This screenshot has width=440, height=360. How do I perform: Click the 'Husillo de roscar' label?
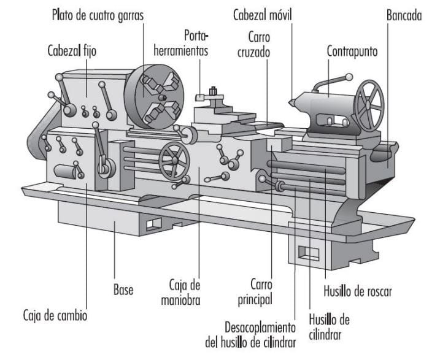tap(357, 289)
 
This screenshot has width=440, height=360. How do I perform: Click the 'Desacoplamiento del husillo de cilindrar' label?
tap(251, 334)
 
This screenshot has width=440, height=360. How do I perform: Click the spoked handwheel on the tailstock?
tap(368, 105)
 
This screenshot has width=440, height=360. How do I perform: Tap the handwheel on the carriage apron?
tap(174, 160)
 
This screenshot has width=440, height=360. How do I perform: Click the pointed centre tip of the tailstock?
tap(290, 99)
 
